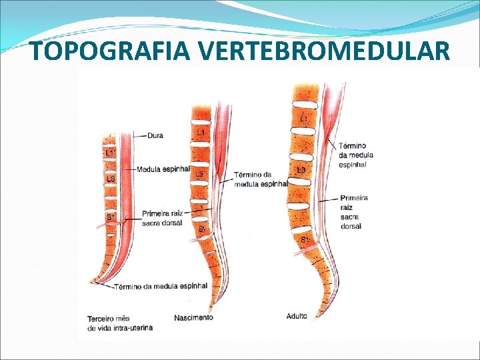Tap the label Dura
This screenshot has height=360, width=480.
coord(155,135)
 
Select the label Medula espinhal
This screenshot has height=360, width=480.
coord(163,169)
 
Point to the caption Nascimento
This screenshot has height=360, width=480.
coord(194,317)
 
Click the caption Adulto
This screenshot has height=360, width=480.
coord(297,316)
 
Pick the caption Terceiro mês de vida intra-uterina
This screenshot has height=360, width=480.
coord(120,323)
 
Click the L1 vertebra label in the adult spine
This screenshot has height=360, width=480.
coord(304,119)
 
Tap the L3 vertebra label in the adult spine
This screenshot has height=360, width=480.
coord(301,170)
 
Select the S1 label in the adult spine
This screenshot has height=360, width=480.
coord(305,239)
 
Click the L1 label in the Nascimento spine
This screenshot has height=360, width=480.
coord(200,133)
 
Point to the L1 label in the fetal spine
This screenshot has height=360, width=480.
coord(110,153)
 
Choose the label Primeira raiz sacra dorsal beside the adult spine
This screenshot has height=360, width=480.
coord(353,212)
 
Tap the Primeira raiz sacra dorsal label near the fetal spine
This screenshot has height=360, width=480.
coord(165,218)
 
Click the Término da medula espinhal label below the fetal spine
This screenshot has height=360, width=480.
coord(161,287)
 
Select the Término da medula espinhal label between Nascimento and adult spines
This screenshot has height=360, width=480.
coord(260,179)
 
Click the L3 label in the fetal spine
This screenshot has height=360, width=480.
coord(110,179)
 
